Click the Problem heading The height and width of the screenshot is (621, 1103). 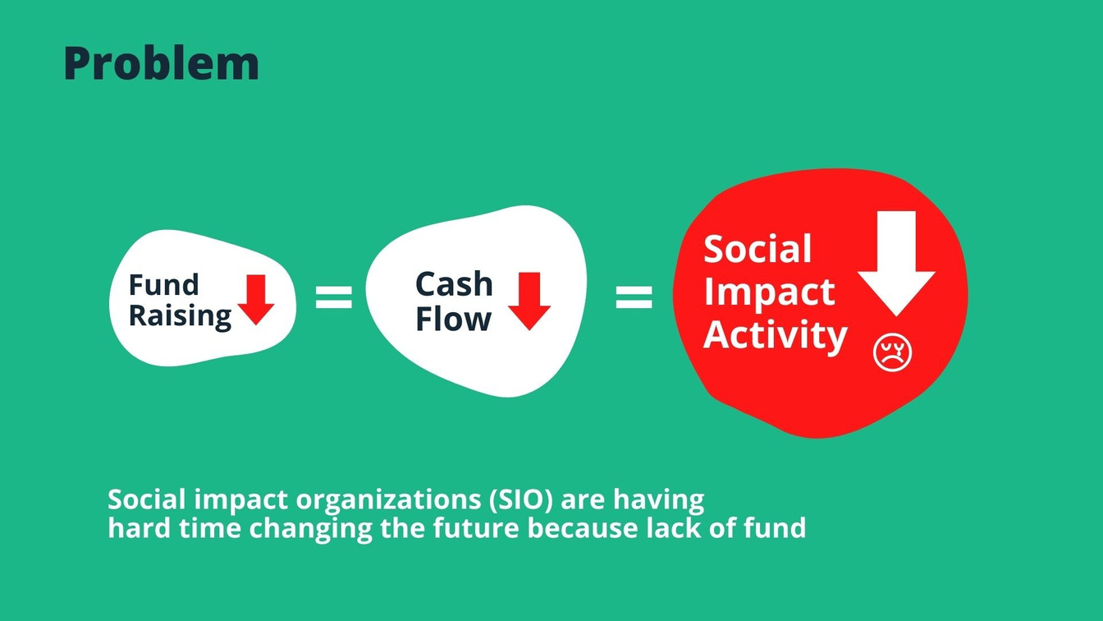(162, 63)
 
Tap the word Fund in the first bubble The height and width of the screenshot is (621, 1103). (163, 284)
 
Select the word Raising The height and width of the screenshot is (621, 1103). (180, 316)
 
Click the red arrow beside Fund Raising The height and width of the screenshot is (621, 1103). (256, 300)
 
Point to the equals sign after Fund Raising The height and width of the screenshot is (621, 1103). (334, 297)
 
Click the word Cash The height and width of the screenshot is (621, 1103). (454, 284)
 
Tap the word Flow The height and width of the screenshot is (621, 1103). (454, 319)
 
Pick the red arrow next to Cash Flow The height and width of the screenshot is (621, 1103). (529, 301)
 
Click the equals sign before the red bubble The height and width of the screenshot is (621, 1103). (634, 297)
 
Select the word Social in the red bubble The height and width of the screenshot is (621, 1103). (757, 248)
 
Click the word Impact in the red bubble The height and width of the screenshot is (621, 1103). (769, 292)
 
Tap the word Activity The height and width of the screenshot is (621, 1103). (775, 335)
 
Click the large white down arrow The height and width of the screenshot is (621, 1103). (896, 264)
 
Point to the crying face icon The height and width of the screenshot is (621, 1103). (892, 352)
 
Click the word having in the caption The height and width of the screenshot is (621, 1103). (658, 501)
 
